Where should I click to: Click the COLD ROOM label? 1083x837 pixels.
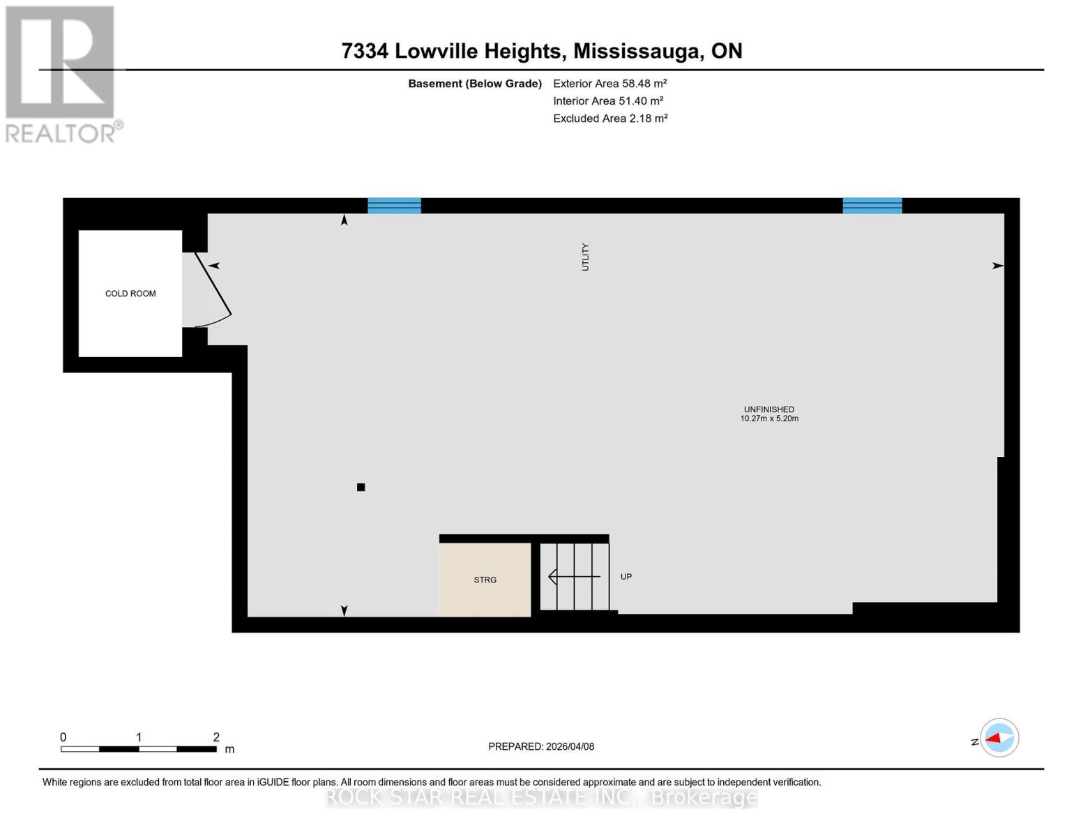click(x=130, y=294)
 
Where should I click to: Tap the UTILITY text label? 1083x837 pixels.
click(x=585, y=257)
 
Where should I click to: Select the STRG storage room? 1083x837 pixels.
click(x=485, y=580)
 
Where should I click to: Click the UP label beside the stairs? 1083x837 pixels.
click(x=626, y=577)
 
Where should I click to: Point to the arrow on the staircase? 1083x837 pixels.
click(x=573, y=577)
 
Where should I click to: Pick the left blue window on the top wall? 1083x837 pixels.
click(x=394, y=206)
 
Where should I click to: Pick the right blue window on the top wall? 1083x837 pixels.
click(x=872, y=206)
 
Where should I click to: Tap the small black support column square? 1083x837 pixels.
click(x=361, y=488)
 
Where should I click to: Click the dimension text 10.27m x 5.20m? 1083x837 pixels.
click(x=769, y=419)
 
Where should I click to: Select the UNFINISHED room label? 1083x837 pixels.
click(x=769, y=409)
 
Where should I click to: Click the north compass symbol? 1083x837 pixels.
click(x=999, y=738)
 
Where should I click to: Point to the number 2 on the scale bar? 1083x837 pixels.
click(x=216, y=737)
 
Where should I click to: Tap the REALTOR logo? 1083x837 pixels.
click(x=61, y=74)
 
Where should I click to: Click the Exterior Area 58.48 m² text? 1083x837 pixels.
click(x=609, y=83)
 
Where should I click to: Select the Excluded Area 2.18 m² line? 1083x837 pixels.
click(x=610, y=119)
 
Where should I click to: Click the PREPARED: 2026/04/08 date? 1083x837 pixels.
click(x=541, y=746)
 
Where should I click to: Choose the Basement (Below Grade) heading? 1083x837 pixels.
click(x=475, y=84)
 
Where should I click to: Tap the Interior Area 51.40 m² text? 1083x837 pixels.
click(x=608, y=101)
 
